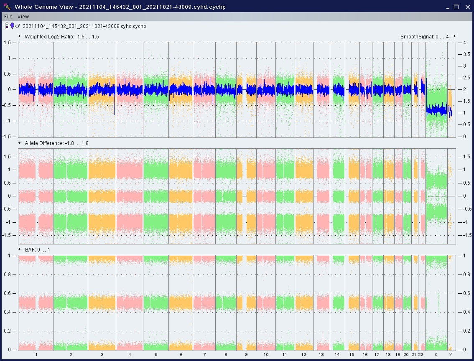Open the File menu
(8, 17)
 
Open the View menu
(23, 17)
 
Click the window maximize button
(456, 7)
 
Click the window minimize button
(447, 7)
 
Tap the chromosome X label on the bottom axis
(436, 355)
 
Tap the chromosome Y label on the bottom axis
(451, 355)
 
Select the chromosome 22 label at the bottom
(421, 355)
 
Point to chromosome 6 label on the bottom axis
(181, 355)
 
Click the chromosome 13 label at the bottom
(321, 355)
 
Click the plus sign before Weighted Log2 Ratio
(20, 36)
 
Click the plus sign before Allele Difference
(20, 143)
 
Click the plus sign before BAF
(20, 249)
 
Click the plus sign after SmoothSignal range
(454, 36)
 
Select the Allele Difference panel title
(56, 143)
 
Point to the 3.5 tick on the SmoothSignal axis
(463, 54)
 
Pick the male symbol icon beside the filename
(18, 26)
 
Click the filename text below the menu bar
(84, 26)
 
